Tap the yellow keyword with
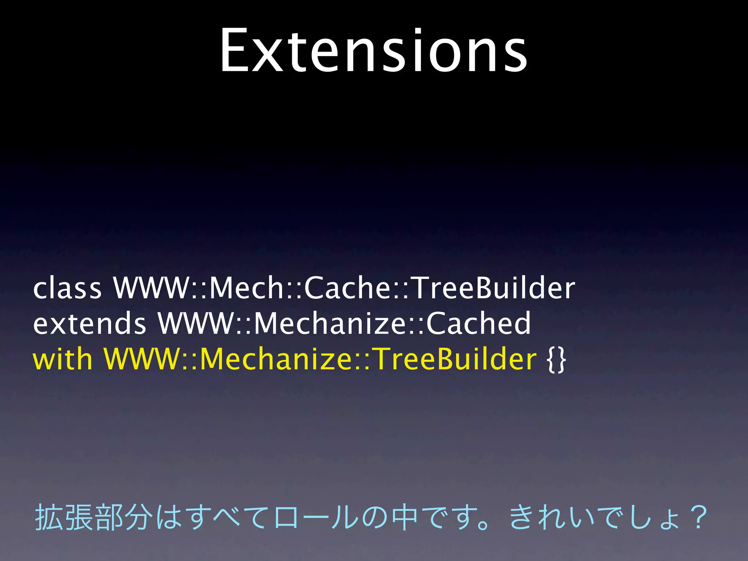(62, 359)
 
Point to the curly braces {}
(557, 360)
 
